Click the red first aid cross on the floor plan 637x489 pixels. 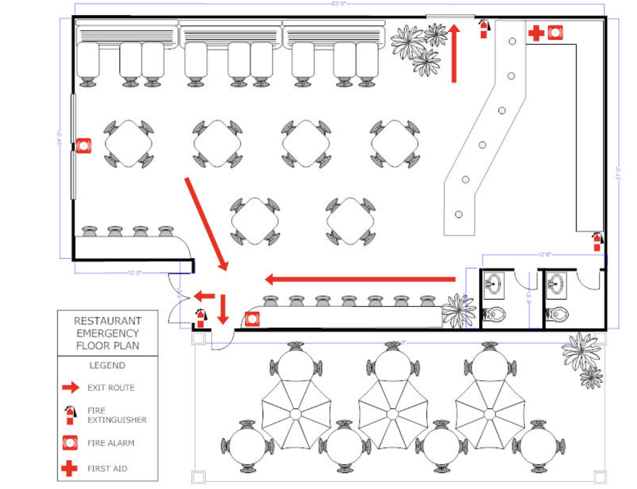click(x=536, y=33)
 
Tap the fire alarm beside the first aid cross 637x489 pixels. click(x=555, y=33)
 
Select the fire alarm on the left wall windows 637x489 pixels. click(x=83, y=146)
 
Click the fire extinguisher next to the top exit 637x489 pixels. click(x=484, y=29)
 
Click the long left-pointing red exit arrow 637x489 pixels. click(x=360, y=279)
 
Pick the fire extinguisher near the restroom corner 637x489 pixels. click(x=597, y=241)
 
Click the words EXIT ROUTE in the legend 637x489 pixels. click(x=111, y=388)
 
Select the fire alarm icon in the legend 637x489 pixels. click(x=70, y=443)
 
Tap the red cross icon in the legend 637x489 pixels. click(x=69, y=469)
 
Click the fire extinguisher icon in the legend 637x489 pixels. click(x=70, y=415)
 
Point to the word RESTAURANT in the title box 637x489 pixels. click(x=107, y=322)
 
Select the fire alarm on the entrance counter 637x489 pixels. click(x=252, y=319)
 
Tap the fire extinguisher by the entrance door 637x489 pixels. click(x=200, y=318)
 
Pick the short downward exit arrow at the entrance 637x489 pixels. click(x=222, y=309)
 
